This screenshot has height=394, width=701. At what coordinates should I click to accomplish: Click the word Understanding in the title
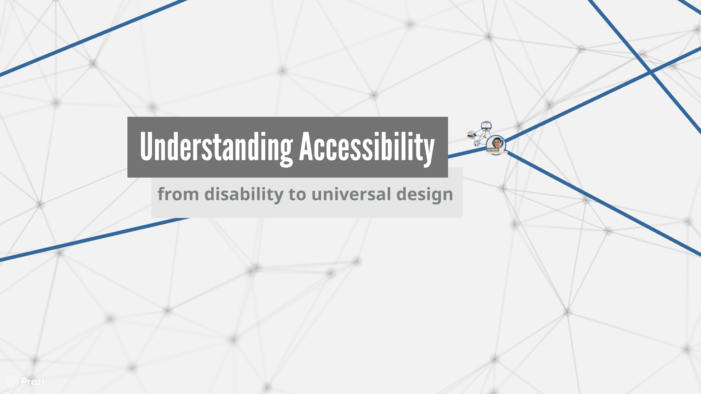click(216, 147)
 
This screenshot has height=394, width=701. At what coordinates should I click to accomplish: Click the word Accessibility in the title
click(367, 147)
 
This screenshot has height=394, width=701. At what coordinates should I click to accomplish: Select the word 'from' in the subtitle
click(178, 194)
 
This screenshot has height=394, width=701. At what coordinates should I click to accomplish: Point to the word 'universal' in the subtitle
click(351, 194)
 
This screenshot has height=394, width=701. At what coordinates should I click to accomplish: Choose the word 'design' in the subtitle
click(424, 195)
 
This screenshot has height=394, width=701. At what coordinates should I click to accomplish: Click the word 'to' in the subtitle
click(297, 194)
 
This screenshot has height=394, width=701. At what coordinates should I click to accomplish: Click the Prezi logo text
click(33, 382)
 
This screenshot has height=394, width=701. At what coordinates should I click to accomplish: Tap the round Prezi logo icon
click(12, 381)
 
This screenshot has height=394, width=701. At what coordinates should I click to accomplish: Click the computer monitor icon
click(486, 126)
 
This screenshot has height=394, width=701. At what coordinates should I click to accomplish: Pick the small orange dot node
click(485, 137)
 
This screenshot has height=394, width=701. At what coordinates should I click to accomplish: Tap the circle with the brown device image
click(472, 134)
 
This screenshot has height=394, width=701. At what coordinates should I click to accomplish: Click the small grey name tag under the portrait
click(493, 150)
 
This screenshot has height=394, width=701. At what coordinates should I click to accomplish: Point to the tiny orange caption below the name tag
click(497, 153)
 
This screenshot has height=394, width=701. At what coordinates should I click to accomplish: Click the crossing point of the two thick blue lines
click(650, 72)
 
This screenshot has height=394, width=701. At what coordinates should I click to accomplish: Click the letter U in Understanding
click(146, 146)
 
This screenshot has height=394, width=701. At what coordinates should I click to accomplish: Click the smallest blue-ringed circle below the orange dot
click(477, 143)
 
